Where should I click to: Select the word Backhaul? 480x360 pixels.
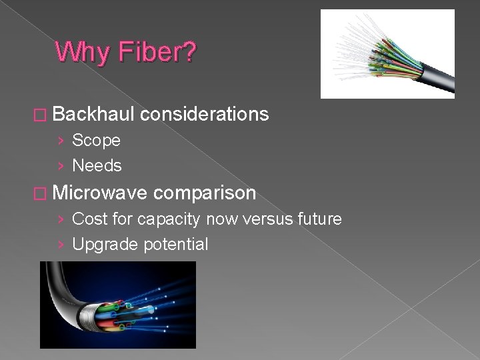point(93,115)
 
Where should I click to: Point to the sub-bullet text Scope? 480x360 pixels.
point(96,141)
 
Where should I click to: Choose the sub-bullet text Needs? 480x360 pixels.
point(97,165)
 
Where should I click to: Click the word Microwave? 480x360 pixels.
point(99,193)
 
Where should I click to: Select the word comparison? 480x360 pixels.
point(204,193)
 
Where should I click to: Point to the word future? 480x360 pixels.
point(317,219)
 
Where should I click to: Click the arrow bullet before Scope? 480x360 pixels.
point(61,141)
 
